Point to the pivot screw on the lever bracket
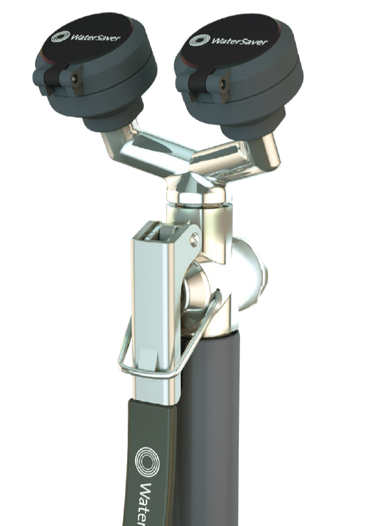pyautogui.click(x=194, y=237)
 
